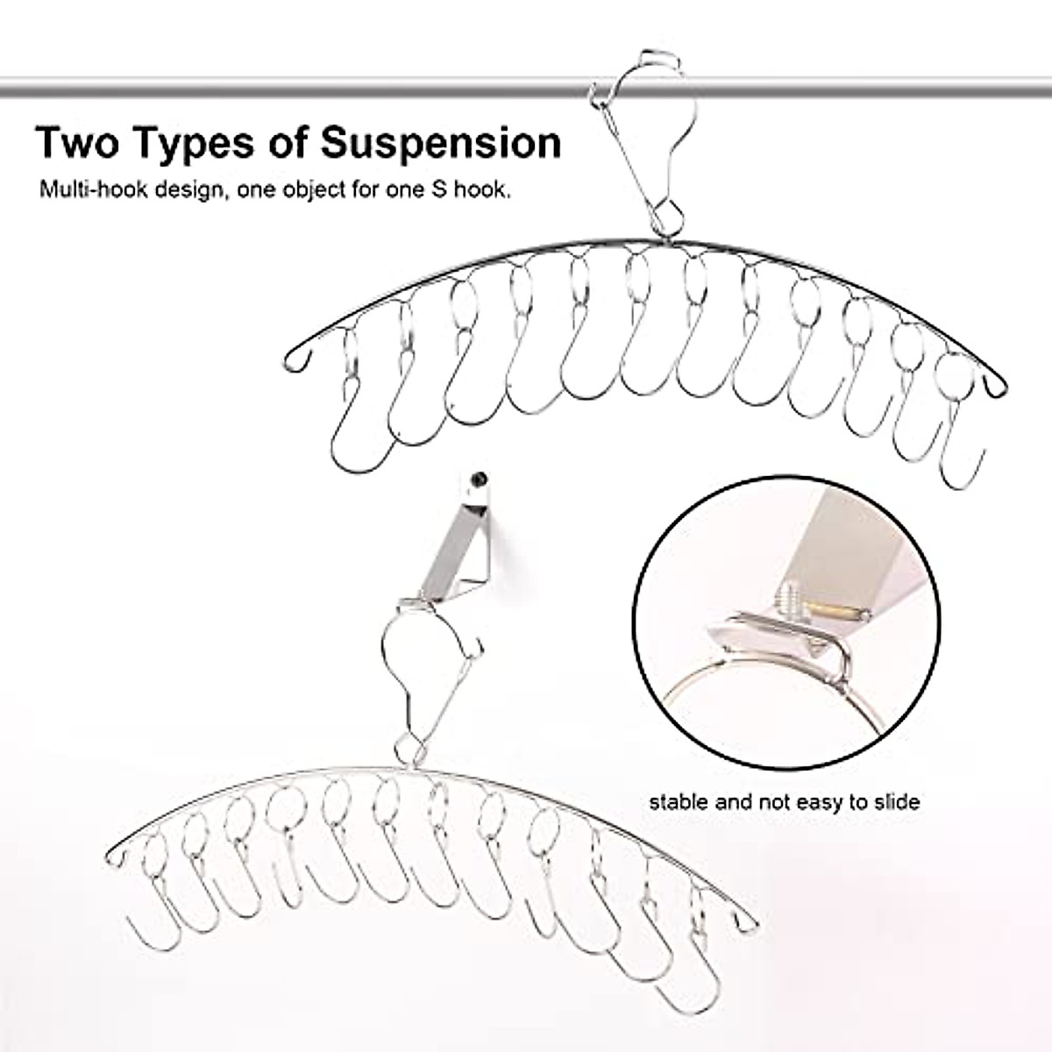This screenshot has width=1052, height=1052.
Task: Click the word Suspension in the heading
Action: [441, 142]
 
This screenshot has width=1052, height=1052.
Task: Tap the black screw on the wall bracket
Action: [478, 480]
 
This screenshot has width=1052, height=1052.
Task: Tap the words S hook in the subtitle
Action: [474, 189]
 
